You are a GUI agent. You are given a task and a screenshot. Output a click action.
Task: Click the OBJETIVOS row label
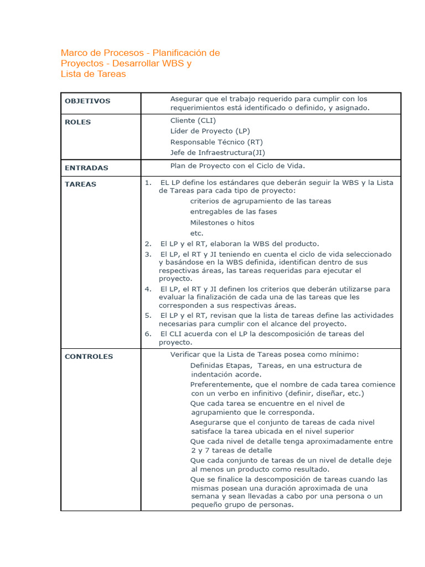(87, 101)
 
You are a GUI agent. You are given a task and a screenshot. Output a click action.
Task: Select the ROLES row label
(78, 122)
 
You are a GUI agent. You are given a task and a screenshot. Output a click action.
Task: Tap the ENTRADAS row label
(86, 168)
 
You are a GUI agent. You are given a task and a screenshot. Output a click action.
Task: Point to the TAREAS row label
(80, 184)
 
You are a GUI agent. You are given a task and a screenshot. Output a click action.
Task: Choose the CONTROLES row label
(89, 357)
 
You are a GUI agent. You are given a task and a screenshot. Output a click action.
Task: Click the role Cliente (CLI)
(193, 121)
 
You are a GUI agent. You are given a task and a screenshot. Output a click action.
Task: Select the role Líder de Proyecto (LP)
(210, 131)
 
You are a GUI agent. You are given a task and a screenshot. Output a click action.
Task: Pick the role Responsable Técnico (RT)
(216, 142)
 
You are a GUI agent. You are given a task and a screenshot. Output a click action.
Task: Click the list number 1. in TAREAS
(148, 182)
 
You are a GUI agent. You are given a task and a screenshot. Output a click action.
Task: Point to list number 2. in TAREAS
(148, 244)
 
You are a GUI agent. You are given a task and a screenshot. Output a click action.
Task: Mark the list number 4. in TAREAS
(148, 289)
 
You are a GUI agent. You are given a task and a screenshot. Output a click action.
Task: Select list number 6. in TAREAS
(148, 334)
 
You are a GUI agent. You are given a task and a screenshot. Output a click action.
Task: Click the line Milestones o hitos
(222, 223)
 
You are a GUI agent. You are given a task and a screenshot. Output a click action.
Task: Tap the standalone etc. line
(197, 233)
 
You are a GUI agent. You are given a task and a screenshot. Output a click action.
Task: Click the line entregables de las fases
(234, 212)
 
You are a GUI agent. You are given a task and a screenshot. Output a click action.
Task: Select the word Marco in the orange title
(74, 53)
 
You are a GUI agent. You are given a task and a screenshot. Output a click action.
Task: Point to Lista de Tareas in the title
(93, 74)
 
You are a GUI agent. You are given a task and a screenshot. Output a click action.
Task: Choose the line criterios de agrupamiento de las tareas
(261, 201)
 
